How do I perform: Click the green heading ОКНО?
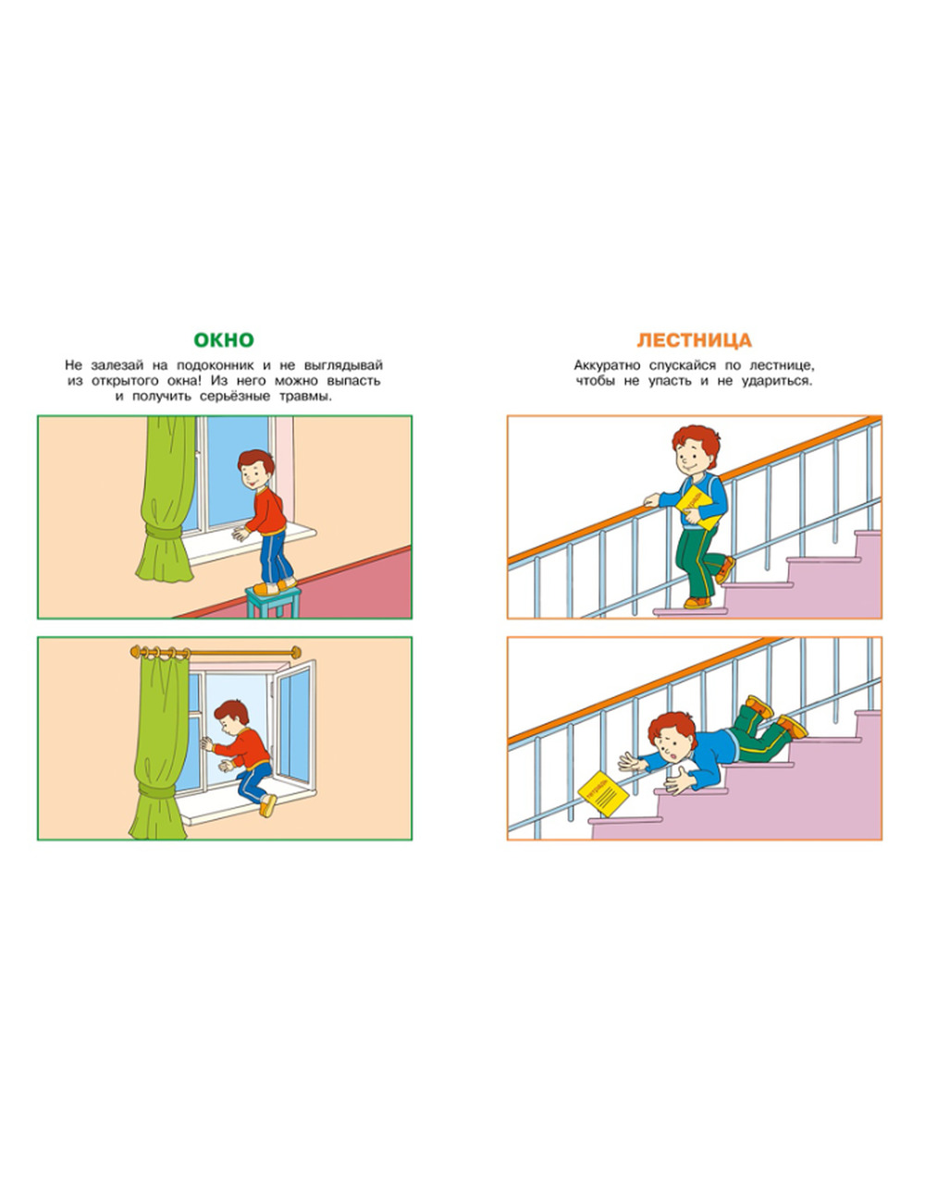pyautogui.click(x=224, y=339)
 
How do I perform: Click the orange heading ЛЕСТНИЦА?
pyautogui.click(x=695, y=339)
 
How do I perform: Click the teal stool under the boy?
pyautogui.click(x=274, y=602)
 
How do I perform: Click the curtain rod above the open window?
pyautogui.click(x=216, y=653)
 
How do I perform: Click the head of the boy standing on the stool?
pyautogui.click(x=255, y=469)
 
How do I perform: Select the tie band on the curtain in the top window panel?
pyautogui.click(x=163, y=534)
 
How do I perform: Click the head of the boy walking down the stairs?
pyautogui.click(x=696, y=449)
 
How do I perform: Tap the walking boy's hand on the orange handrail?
pyautogui.click(x=652, y=500)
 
